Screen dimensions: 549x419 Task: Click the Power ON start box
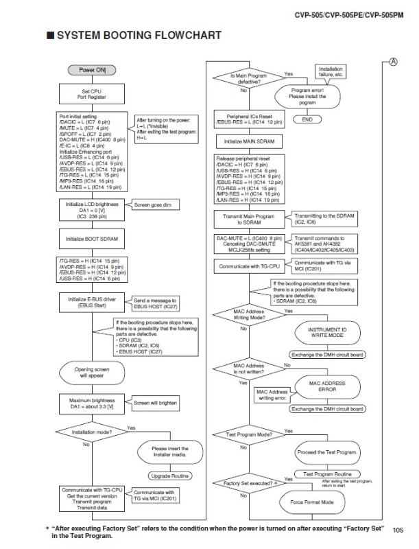(x=92, y=69)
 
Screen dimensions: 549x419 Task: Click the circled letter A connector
(x=394, y=61)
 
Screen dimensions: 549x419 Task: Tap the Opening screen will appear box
(x=92, y=373)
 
